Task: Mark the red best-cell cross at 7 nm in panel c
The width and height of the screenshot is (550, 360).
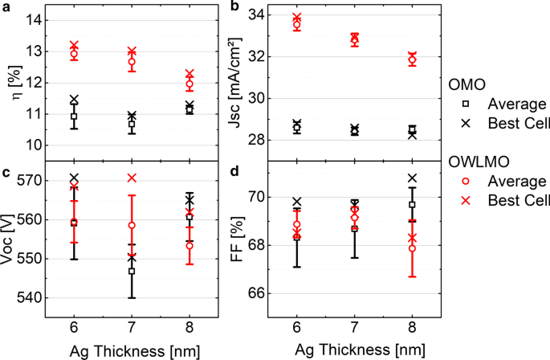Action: (132, 178)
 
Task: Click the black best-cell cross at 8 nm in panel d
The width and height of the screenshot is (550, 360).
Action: (412, 178)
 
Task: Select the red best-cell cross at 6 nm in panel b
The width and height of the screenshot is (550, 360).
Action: (297, 18)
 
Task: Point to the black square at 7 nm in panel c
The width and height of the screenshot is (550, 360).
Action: (132, 271)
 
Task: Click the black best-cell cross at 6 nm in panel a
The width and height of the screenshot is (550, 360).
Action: (74, 100)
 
